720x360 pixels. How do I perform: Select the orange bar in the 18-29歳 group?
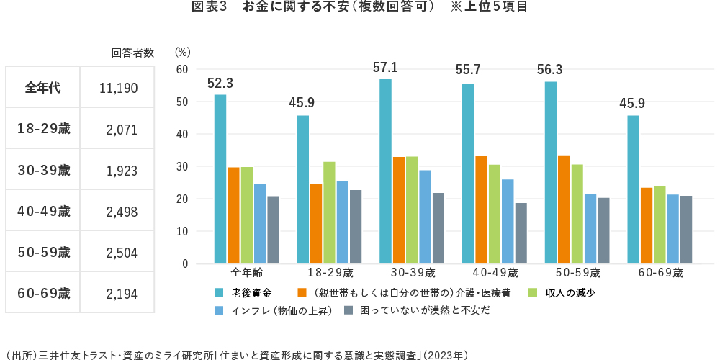pyautogui.click(x=316, y=223)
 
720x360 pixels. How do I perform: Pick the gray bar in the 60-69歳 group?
pyautogui.click(x=686, y=230)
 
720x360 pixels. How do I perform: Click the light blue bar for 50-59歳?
pyautogui.click(x=590, y=228)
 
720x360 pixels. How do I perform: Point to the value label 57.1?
pyautogui.click(x=385, y=68)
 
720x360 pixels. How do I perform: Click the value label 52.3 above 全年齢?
pyautogui.click(x=220, y=84)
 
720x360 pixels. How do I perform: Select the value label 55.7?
pyautogui.click(x=468, y=71)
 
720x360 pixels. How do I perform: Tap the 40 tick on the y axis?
pyautogui.click(x=182, y=134)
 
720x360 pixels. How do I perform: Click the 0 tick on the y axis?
pyautogui.click(x=185, y=264)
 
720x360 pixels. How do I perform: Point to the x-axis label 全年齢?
pyautogui.click(x=246, y=274)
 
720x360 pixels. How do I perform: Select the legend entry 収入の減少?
pyautogui.click(x=569, y=293)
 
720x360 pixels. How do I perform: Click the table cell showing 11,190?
pyautogui.click(x=118, y=89)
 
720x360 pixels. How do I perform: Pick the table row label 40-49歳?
pyautogui.click(x=43, y=212)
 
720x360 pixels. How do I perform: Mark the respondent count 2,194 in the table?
pyautogui.click(x=121, y=294)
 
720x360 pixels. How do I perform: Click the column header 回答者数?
pyautogui.click(x=132, y=53)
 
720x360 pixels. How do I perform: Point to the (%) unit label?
pyautogui.click(x=182, y=52)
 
